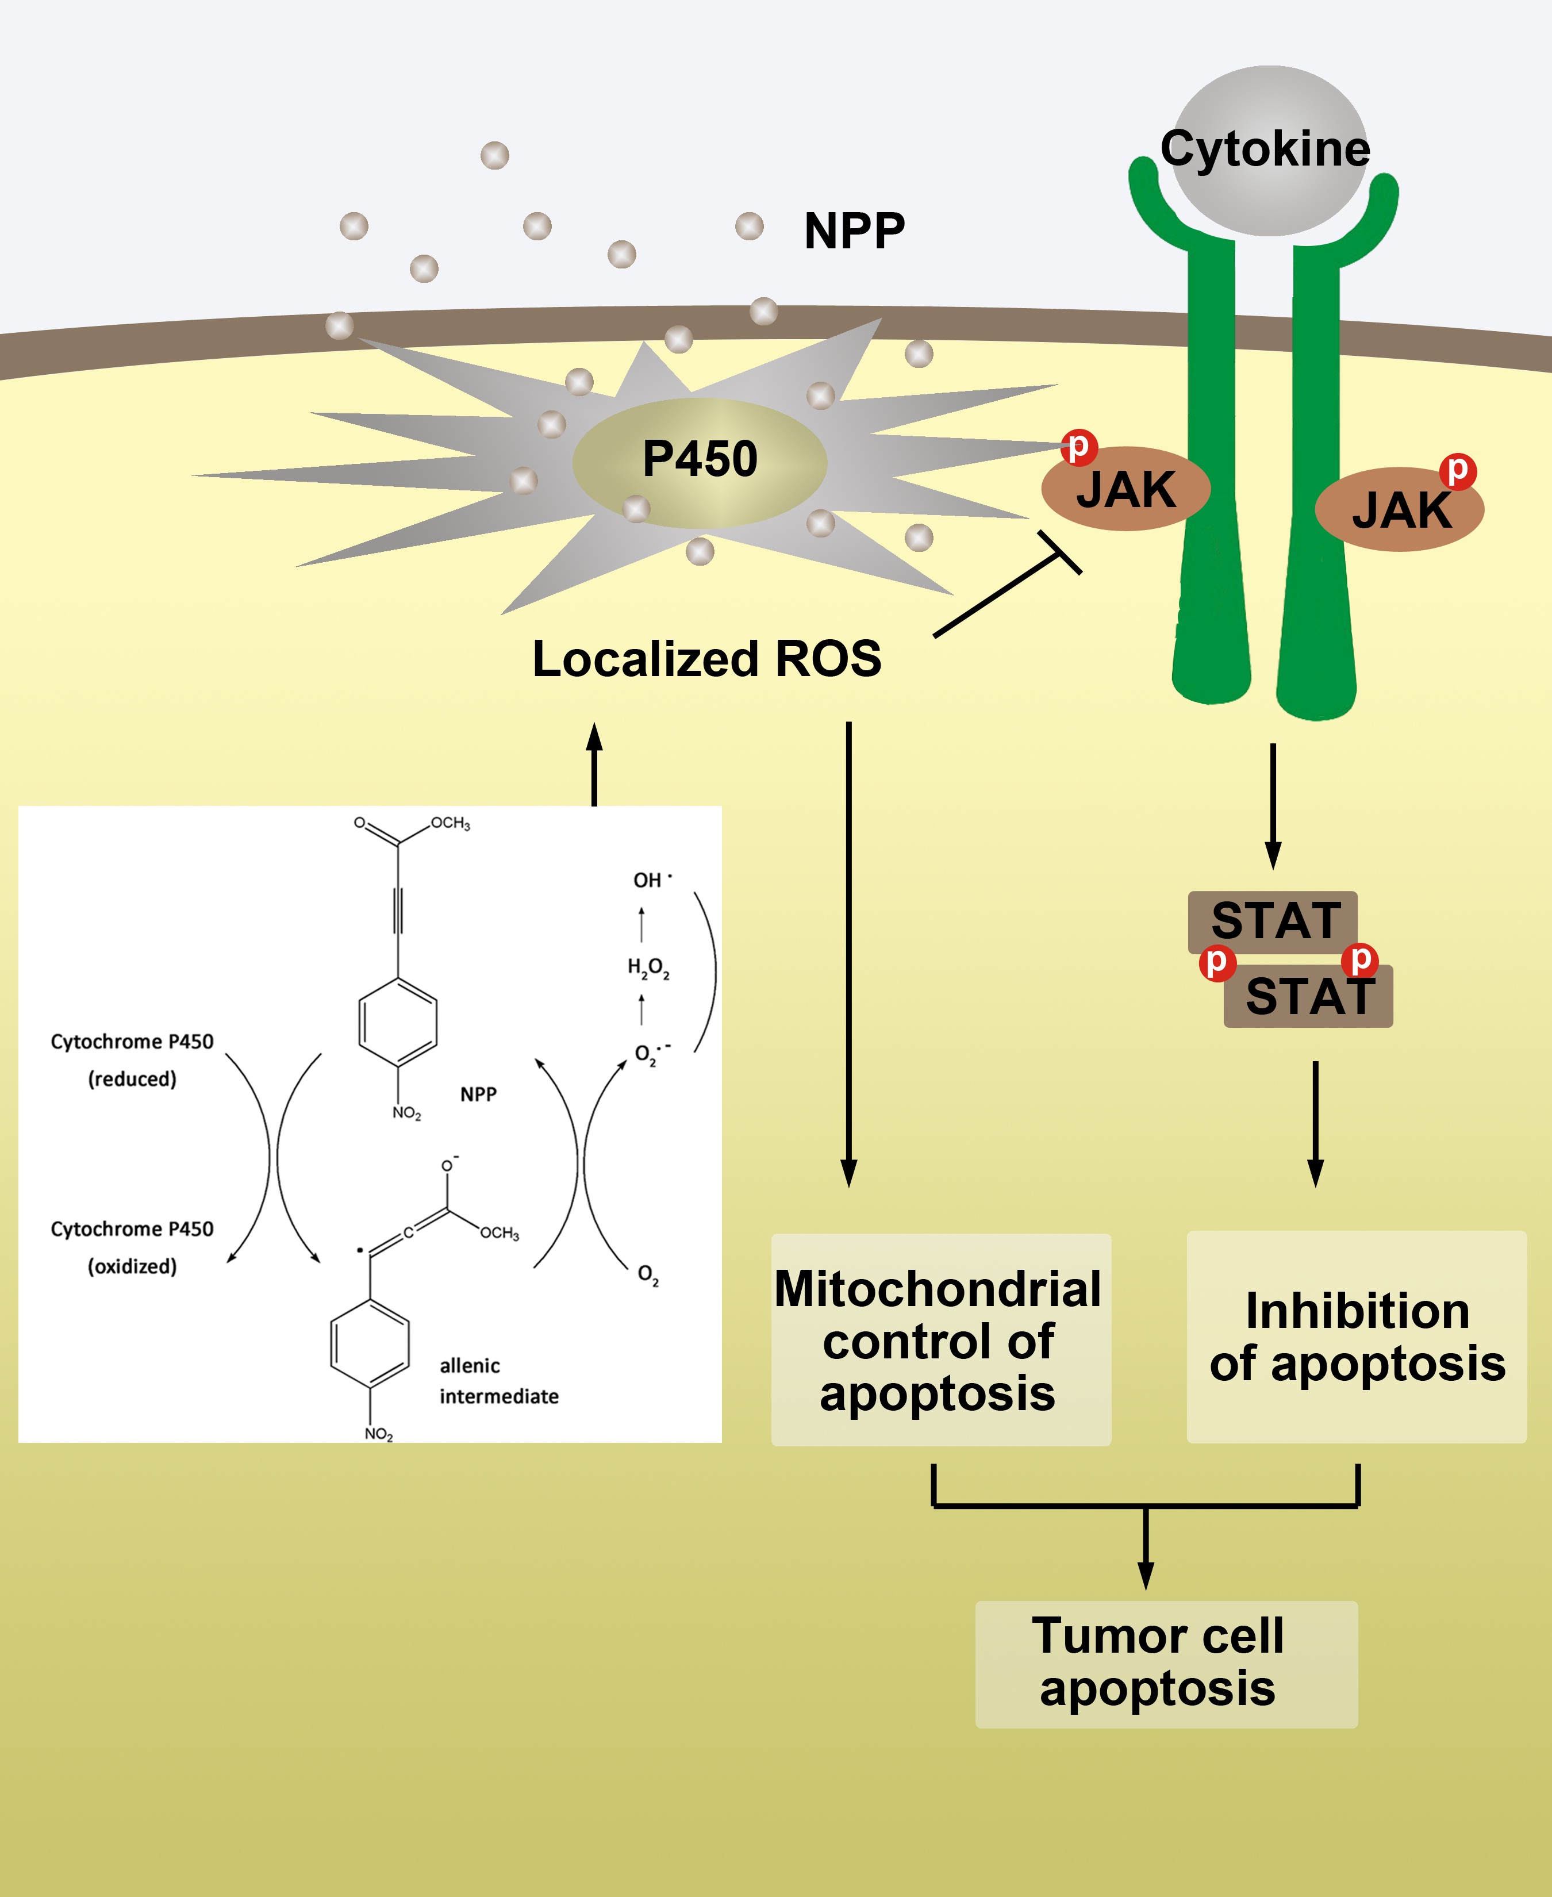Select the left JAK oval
pyautogui.click(x=1125, y=490)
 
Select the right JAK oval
pyautogui.click(x=1400, y=509)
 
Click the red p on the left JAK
pyautogui.click(x=1079, y=446)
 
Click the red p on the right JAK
pyautogui.click(x=1457, y=469)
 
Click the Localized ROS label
pyautogui.click(x=706, y=659)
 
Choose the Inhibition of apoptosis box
pyautogui.click(x=1356, y=1337)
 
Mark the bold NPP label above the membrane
pyautogui.click(x=854, y=231)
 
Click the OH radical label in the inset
pyautogui.click(x=651, y=880)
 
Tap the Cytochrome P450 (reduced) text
pyautogui.click(x=132, y=1059)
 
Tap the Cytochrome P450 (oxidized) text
pyautogui.click(x=132, y=1247)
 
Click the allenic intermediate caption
pyautogui.click(x=498, y=1380)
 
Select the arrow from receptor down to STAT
pyautogui.click(x=1273, y=805)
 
